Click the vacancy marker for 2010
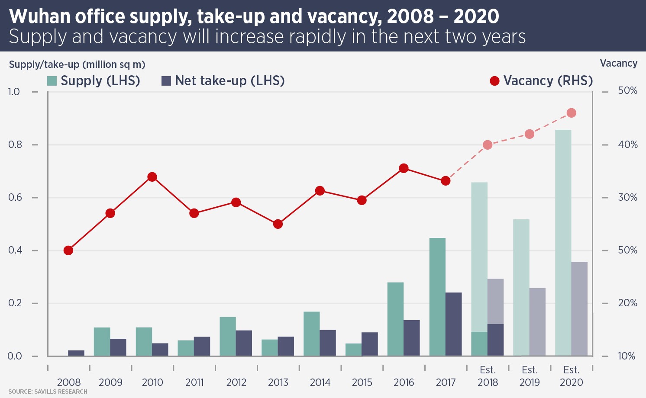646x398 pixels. [x=152, y=177]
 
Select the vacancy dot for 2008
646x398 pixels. [x=68, y=250]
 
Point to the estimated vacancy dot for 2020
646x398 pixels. [x=571, y=113]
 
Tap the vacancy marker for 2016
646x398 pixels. [x=404, y=168]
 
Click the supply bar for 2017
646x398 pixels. [x=437, y=297]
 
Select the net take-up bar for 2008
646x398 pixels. [x=76, y=353]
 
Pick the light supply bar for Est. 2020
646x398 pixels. [x=563, y=243]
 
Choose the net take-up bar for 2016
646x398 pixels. [x=412, y=338]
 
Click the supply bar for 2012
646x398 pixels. [x=228, y=336]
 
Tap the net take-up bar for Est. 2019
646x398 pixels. [x=537, y=322]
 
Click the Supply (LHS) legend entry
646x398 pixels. [x=94, y=81]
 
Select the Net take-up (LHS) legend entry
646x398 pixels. [x=223, y=81]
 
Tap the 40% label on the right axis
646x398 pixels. [x=627, y=144]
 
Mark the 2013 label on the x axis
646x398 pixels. [x=278, y=382]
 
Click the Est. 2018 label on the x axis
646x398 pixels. [x=488, y=376]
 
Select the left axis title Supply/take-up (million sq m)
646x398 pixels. [x=77, y=64]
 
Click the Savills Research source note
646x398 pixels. [x=48, y=392]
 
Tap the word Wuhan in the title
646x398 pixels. [x=39, y=16]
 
